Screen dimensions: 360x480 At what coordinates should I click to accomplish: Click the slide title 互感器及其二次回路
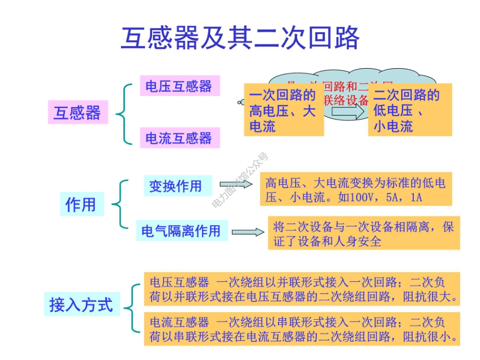tap(240, 38)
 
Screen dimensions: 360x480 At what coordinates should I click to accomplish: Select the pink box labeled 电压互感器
tap(179, 86)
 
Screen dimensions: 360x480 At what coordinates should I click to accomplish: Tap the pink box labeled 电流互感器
tap(179, 138)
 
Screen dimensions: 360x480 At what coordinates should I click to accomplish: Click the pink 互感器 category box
tap(78, 113)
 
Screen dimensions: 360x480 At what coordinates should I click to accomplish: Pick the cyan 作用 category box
tap(81, 204)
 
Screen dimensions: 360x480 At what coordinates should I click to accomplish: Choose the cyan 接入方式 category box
tap(81, 305)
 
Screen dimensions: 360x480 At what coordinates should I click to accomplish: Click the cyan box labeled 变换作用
tap(175, 186)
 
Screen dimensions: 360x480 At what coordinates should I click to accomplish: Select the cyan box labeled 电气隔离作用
tap(181, 231)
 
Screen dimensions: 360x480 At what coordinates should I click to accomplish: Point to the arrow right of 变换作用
tap(236, 184)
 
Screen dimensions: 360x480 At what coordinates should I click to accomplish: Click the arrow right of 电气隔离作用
tap(248, 232)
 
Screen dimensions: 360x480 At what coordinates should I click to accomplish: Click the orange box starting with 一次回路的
tap(283, 110)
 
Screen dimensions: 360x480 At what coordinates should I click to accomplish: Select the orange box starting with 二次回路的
tap(409, 110)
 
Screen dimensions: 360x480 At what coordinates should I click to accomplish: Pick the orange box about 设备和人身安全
tap(363, 233)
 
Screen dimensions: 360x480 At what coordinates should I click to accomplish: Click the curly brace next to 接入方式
tap(132, 308)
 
